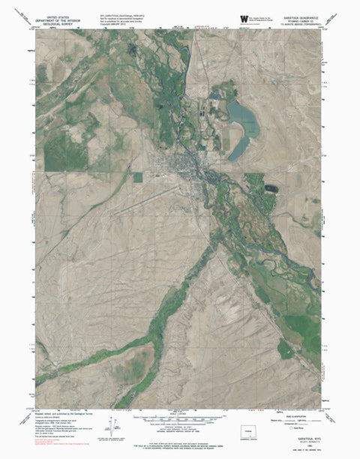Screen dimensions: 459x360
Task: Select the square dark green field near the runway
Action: coord(137,178)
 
